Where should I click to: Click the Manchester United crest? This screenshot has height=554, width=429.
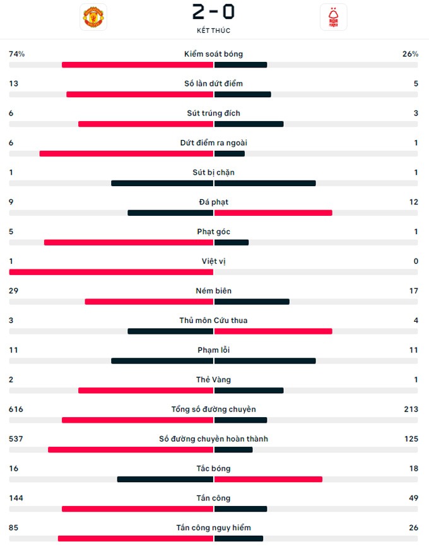93,17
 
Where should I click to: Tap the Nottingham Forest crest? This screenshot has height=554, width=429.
333,17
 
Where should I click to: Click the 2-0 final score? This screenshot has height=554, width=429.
213,12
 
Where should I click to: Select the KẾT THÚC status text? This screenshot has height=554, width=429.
213,30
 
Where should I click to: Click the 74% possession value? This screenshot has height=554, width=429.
16,54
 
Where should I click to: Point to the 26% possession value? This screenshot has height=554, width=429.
410,54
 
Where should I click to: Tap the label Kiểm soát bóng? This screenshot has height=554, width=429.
213,54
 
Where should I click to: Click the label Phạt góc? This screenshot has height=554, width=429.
213,232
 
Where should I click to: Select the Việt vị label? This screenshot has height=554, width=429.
213,261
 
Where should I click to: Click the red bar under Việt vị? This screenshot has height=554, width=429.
111,272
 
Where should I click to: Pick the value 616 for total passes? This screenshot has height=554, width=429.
16,410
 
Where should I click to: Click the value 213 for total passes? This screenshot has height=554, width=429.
411,410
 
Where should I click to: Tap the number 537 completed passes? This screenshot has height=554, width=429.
16,439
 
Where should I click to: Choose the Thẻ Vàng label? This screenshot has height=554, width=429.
213,380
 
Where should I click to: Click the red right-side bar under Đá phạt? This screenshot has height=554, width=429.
273,213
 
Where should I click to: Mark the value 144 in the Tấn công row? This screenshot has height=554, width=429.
16,498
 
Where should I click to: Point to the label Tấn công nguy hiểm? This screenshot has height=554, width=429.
213,528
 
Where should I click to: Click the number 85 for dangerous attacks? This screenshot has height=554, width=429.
14,528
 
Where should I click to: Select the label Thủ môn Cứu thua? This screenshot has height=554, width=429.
213,321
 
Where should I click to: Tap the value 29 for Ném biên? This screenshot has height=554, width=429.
14,291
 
